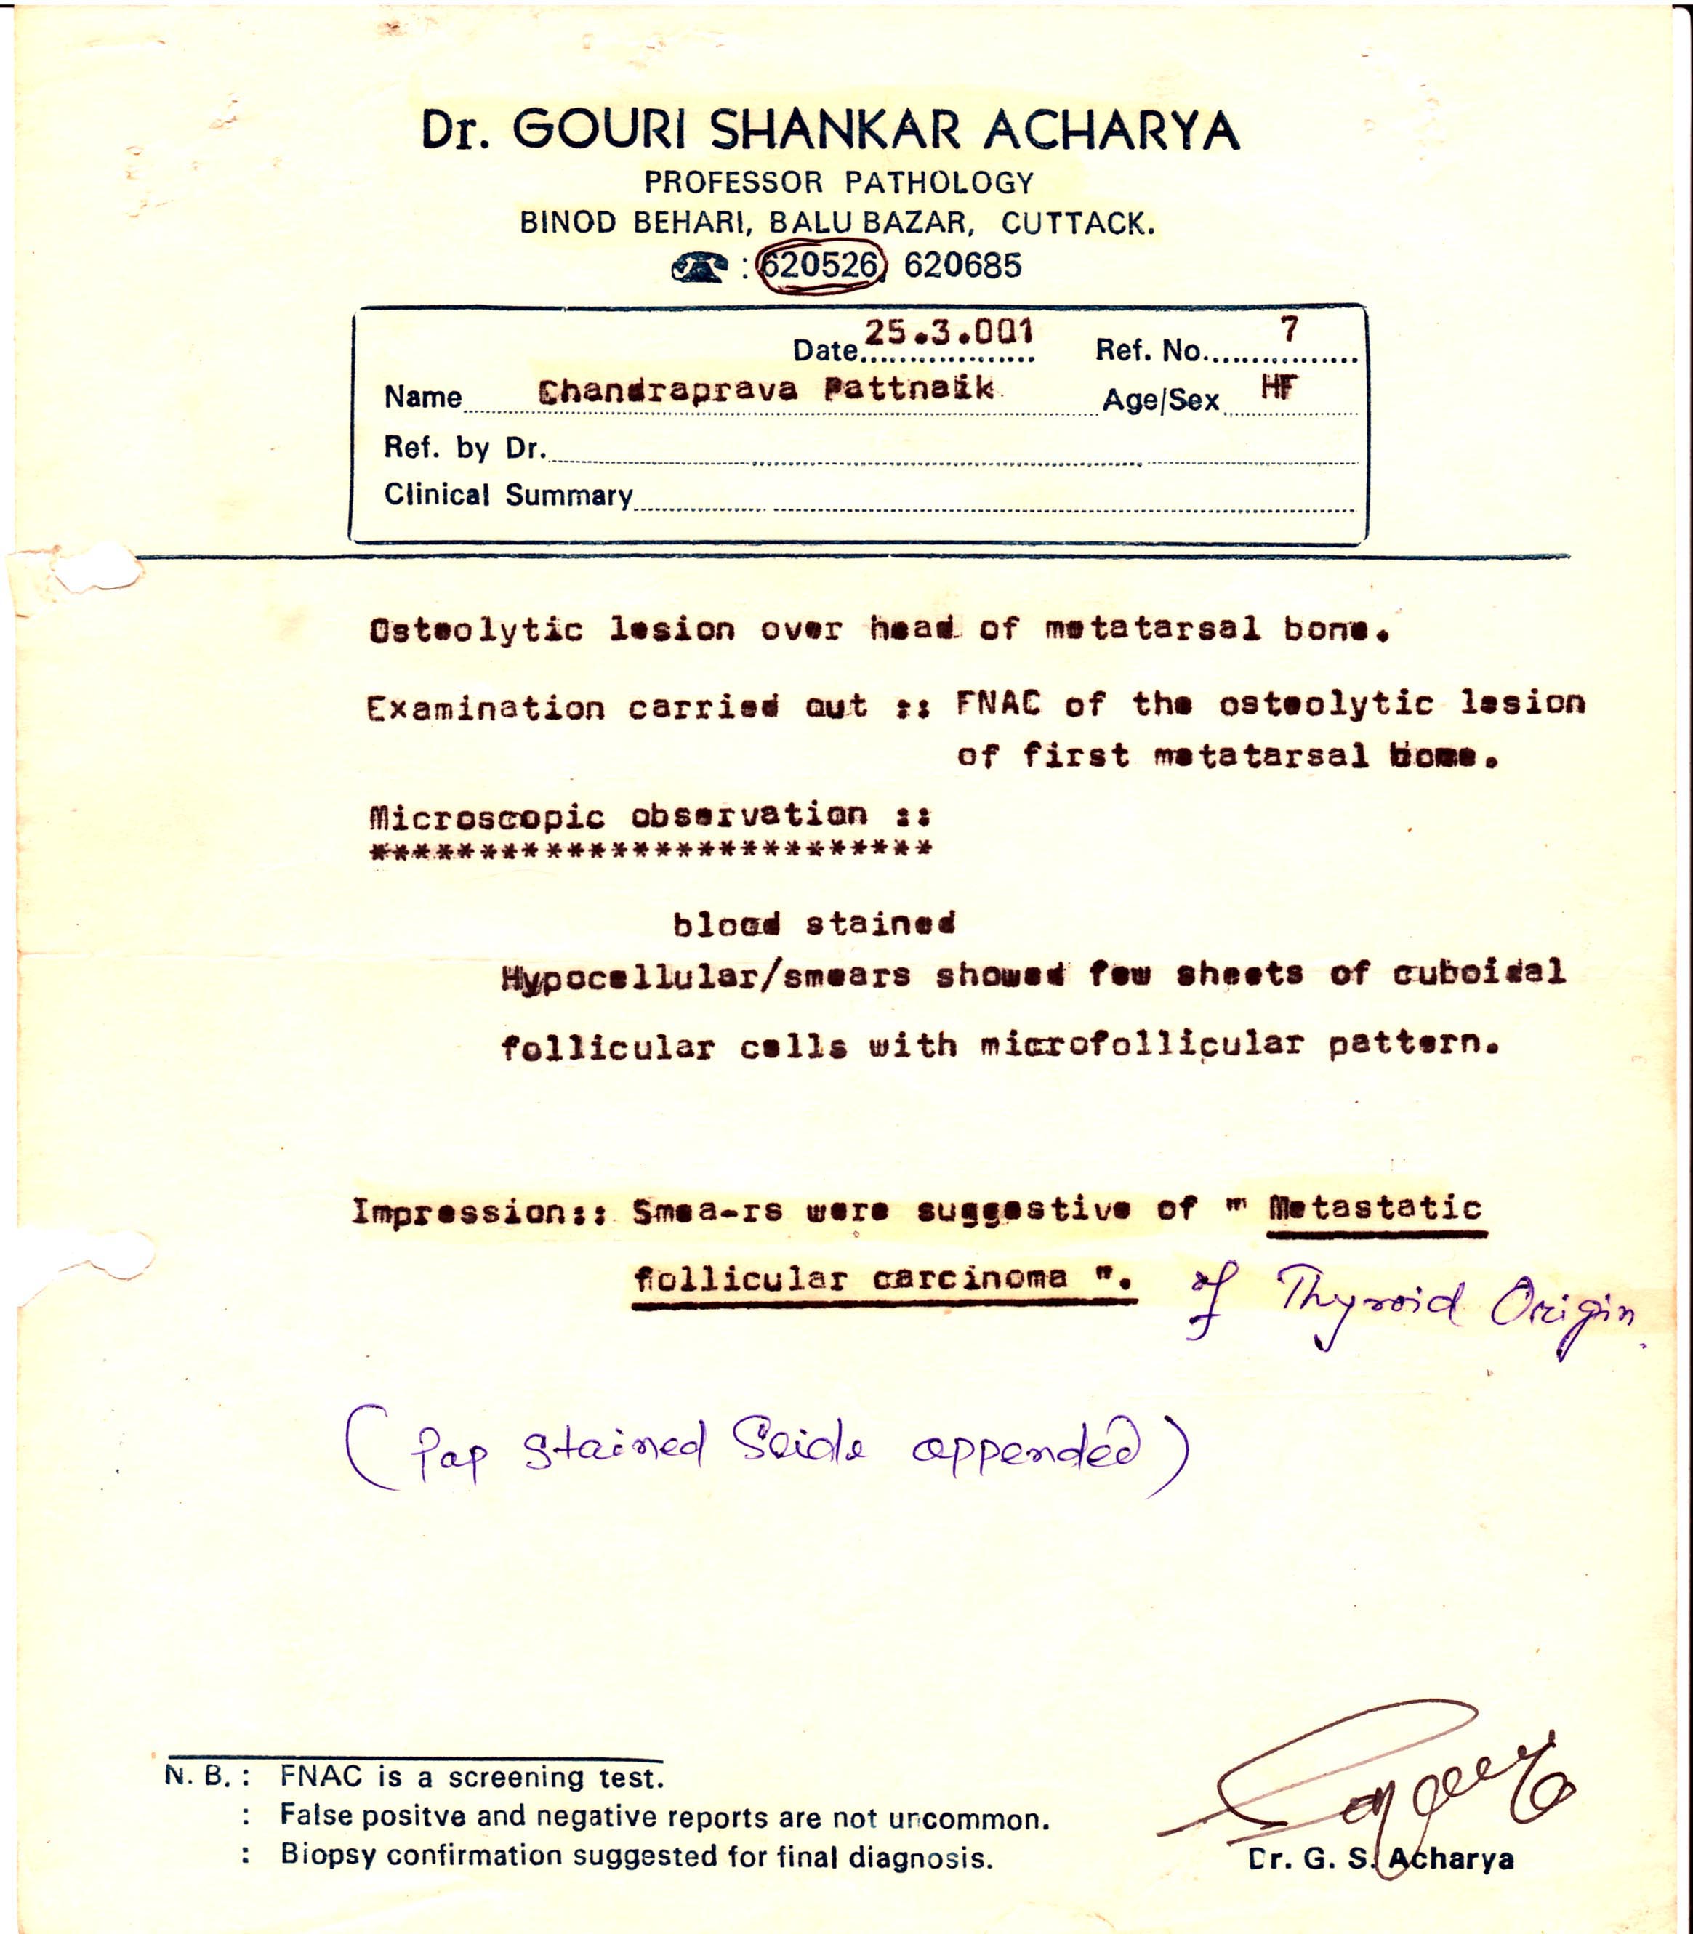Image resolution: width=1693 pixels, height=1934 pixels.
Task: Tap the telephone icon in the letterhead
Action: [x=699, y=268]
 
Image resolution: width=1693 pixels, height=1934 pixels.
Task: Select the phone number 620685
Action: [x=962, y=265]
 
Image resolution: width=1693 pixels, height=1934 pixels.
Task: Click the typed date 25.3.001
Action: [x=948, y=332]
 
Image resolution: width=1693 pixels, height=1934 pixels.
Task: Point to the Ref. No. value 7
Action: [x=1289, y=329]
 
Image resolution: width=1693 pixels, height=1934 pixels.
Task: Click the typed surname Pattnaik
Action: [x=908, y=388]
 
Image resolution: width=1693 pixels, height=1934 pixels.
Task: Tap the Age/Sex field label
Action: [x=1160, y=400]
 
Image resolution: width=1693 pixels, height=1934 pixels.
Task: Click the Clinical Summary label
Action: [x=507, y=495]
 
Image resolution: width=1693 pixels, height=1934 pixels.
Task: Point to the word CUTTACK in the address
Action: [x=1077, y=224]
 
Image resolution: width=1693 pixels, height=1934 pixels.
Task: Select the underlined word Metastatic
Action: [x=1375, y=1208]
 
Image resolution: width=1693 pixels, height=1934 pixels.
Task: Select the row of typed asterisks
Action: [x=651, y=849]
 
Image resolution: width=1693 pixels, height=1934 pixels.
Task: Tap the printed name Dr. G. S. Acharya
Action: [x=1380, y=1858]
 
